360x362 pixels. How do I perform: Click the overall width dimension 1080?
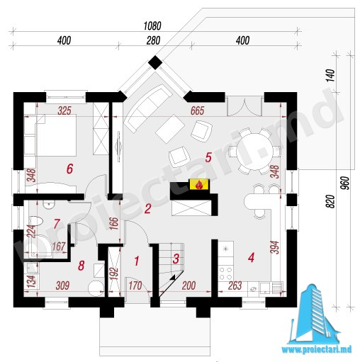pyautogui.click(x=152, y=26)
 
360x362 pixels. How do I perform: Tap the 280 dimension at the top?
pyautogui.click(x=153, y=40)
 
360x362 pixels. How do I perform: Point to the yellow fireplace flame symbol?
pyautogui.click(x=199, y=184)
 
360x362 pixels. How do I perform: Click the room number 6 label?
pyautogui.click(x=69, y=169)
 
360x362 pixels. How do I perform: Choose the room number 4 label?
pyautogui.click(x=251, y=257)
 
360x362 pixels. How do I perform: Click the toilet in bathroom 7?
pyautogui.click(x=35, y=222)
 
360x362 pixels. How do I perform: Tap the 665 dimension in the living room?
pyautogui.click(x=197, y=111)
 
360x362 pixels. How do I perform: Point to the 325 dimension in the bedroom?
pyautogui.click(x=64, y=111)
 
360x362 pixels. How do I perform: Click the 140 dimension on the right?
pyautogui.click(x=331, y=76)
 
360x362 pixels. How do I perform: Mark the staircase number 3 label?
pyautogui.click(x=176, y=259)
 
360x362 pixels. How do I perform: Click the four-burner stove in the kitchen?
pyautogui.click(x=225, y=273)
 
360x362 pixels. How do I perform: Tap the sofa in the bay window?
pyautogui.click(x=148, y=108)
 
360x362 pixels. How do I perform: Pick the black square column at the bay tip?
pyautogui.click(x=155, y=62)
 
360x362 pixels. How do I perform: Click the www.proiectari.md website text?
pyautogui.click(x=317, y=349)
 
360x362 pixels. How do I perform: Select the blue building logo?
pyautogui.click(x=314, y=314)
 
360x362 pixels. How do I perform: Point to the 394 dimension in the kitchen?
pyautogui.click(x=274, y=247)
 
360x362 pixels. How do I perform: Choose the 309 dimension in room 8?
pyautogui.click(x=62, y=285)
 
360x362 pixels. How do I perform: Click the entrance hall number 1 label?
pyautogui.click(x=137, y=261)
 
